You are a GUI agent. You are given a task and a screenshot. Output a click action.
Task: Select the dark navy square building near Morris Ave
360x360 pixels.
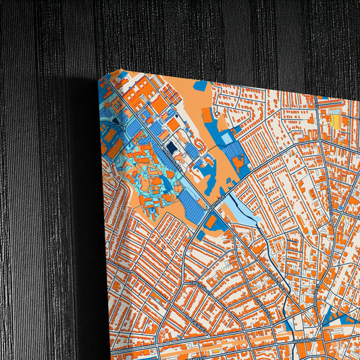pos(172,146)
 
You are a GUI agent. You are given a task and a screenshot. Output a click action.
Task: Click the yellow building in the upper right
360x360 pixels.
pos(336,121)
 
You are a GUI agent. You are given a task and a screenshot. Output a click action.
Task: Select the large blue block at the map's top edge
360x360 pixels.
pos(201,86)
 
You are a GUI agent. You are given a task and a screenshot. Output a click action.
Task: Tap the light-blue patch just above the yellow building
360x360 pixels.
pos(334,108)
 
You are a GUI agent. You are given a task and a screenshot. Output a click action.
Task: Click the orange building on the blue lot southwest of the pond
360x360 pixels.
pos(211,222)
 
